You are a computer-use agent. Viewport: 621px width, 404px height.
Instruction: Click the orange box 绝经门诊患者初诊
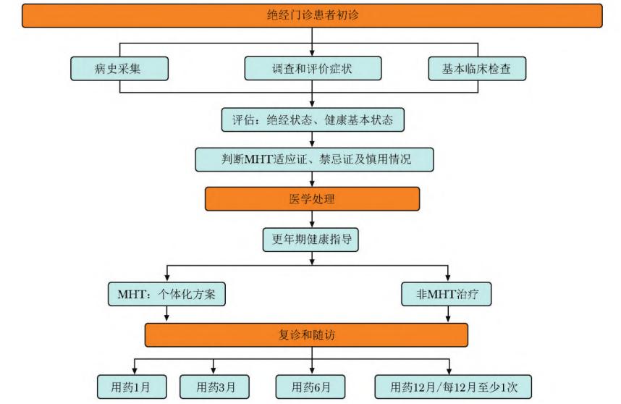(x=312, y=16)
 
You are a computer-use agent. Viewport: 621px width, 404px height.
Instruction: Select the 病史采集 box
(x=120, y=68)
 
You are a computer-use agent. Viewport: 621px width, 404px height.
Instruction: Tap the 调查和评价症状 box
(x=312, y=68)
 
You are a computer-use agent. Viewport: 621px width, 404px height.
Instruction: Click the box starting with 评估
(x=312, y=119)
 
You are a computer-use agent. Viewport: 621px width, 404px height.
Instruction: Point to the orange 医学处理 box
(x=312, y=199)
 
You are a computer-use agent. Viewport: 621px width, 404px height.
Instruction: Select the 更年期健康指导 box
(x=312, y=239)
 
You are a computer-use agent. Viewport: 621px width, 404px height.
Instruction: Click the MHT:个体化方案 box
(x=166, y=295)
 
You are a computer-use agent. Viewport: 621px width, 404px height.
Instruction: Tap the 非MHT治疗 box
(x=449, y=295)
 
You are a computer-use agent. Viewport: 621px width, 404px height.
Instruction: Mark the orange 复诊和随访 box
(x=306, y=335)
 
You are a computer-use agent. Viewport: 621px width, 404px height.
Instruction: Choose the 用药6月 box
(x=311, y=386)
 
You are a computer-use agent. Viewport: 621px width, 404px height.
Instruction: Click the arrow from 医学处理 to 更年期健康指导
(x=312, y=219)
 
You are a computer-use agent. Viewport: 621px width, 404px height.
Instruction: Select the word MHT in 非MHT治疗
(x=442, y=295)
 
